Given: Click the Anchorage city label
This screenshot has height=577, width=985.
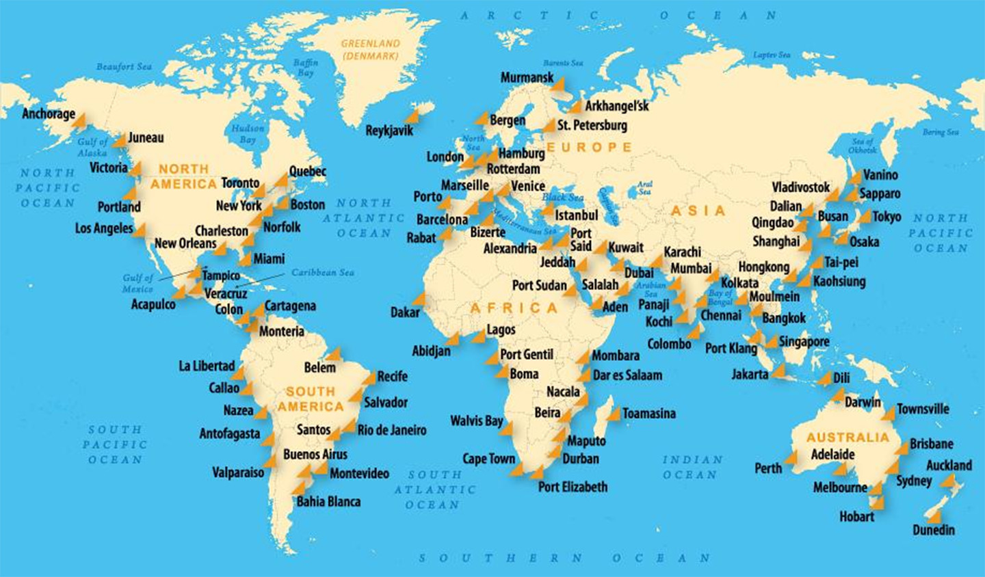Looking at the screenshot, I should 49,113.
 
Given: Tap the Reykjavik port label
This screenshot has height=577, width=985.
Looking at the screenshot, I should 389,130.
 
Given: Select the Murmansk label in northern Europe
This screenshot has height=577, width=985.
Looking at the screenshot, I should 527,78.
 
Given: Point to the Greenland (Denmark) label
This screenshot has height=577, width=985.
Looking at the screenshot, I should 370,49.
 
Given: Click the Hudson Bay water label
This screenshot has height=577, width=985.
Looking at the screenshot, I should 248,134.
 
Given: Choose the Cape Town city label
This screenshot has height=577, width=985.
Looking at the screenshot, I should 488,459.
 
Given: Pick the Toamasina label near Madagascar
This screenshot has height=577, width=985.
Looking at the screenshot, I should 648,414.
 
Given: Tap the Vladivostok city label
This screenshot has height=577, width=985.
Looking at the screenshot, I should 800,187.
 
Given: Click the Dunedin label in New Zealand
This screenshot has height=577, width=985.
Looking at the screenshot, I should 934,530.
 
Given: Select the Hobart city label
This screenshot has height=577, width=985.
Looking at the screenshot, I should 856,517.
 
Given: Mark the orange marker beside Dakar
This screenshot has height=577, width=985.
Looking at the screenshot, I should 418,299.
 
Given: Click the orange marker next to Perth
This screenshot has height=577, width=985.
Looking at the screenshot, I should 791,457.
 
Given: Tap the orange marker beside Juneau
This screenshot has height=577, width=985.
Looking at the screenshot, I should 120,140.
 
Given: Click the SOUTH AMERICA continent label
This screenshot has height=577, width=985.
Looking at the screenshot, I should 310,399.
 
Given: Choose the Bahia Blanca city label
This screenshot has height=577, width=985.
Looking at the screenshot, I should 328,502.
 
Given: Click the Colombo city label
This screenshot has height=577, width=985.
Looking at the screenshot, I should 669,345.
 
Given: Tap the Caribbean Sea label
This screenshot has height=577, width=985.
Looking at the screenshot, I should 323,272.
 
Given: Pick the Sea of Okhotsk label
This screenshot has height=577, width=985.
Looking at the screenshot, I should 862,146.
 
